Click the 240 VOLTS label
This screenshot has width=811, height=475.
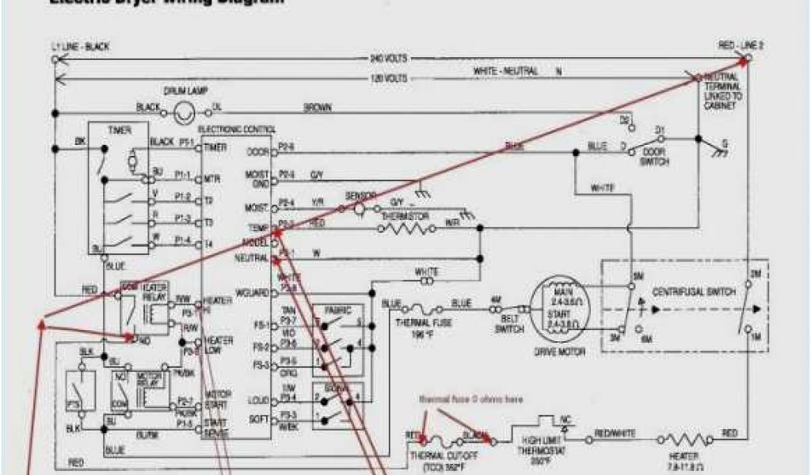click(x=387, y=59)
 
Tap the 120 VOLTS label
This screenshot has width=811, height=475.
click(x=387, y=78)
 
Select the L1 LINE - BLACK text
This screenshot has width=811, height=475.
click(x=80, y=47)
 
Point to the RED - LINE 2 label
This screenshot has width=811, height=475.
click(x=741, y=46)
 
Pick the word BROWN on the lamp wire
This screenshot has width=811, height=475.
click(x=317, y=108)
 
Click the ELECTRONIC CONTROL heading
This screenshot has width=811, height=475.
click(x=237, y=129)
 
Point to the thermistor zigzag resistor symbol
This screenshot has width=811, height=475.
click(x=405, y=229)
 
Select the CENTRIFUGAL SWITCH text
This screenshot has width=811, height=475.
click(x=683, y=291)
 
